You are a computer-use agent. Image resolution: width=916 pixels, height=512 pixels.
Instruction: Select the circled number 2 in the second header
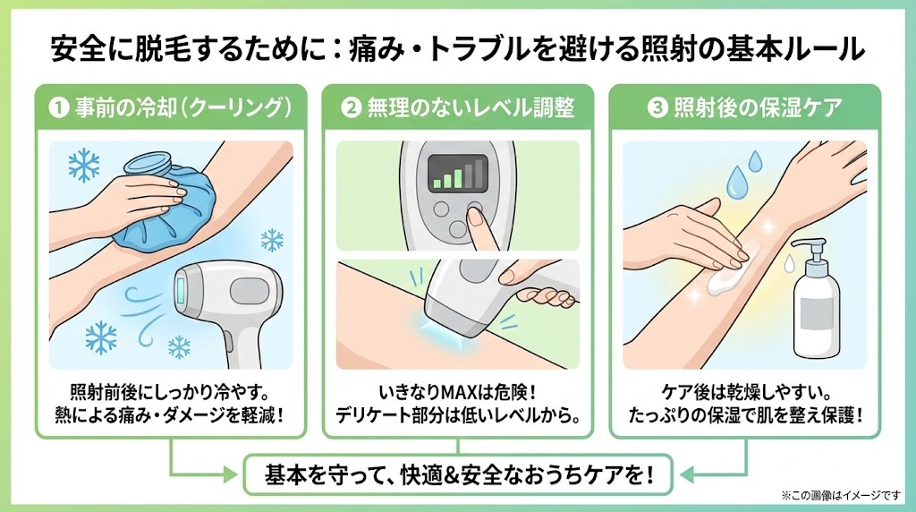[351, 108]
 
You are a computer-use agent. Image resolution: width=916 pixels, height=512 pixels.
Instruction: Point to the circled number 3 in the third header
[657, 108]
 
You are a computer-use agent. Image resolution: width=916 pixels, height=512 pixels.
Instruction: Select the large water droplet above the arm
[737, 182]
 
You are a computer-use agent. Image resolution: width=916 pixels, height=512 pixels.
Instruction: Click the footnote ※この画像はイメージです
[841, 496]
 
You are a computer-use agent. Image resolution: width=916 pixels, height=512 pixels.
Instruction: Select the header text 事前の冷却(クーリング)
[182, 108]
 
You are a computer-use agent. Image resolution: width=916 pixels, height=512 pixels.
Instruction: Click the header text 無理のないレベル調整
[471, 108]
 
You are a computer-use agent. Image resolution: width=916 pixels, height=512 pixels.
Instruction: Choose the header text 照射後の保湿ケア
[758, 108]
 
